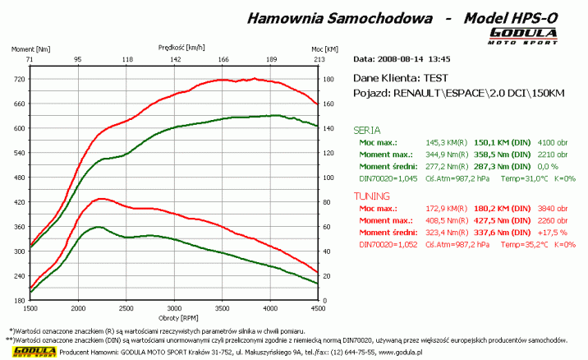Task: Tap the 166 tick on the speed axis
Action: [223, 60]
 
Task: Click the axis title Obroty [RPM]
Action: [173, 318]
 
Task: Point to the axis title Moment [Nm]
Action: [30, 49]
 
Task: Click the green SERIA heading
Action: [366, 130]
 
